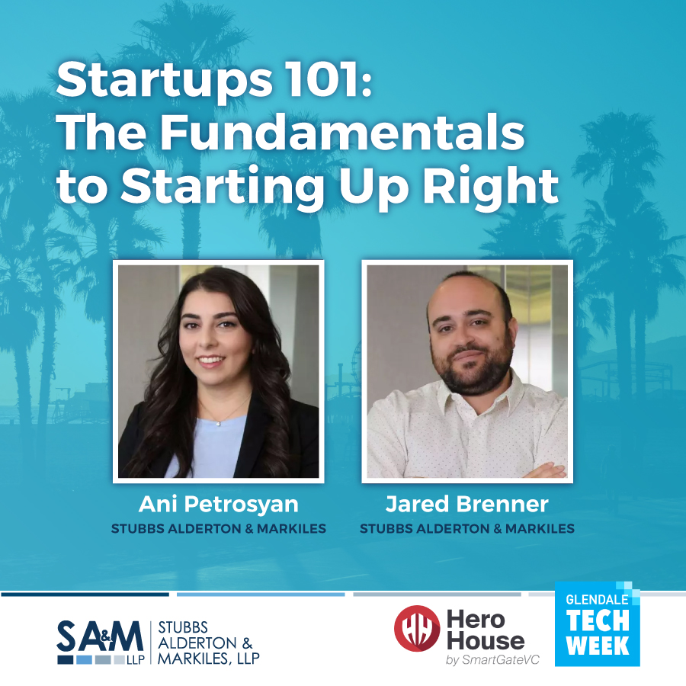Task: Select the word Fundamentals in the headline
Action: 342,133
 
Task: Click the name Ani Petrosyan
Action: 218,505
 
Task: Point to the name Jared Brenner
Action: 466,504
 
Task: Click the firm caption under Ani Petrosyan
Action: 218,528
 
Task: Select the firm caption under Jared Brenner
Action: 466,528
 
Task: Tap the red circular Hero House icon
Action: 416,628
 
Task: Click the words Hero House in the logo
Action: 486,630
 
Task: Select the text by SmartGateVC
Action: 492,659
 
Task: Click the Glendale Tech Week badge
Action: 597,624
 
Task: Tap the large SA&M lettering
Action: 100,636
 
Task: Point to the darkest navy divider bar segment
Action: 85,594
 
